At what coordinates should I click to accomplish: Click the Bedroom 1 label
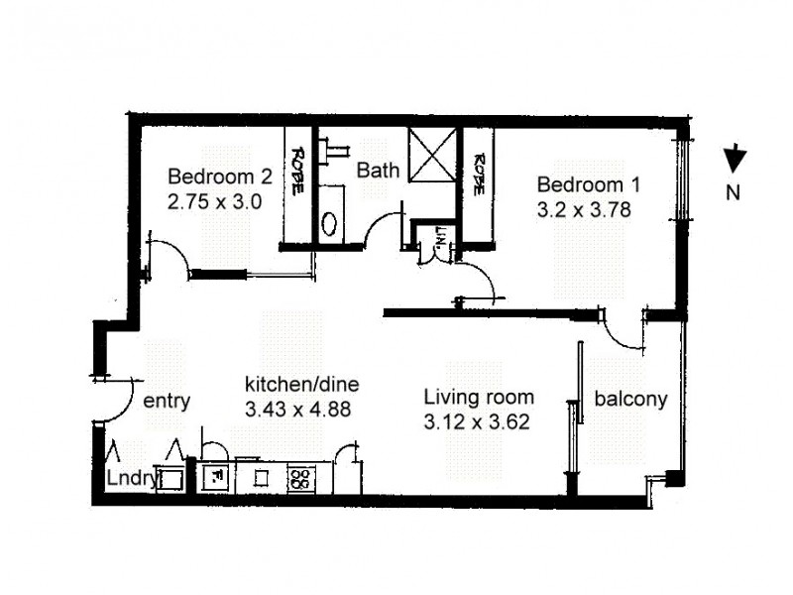coord(589,184)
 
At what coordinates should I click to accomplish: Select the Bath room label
coord(378,171)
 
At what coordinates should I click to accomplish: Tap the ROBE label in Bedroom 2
coord(296,171)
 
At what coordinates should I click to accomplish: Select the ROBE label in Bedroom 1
coord(479,173)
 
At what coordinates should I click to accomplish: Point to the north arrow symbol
coord(735,160)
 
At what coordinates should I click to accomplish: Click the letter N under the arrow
coord(734,194)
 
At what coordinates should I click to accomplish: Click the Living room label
coord(479,398)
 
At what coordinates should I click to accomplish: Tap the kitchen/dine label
coord(301,384)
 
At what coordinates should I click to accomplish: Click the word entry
coord(167,402)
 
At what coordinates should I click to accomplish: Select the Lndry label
coord(131,479)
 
